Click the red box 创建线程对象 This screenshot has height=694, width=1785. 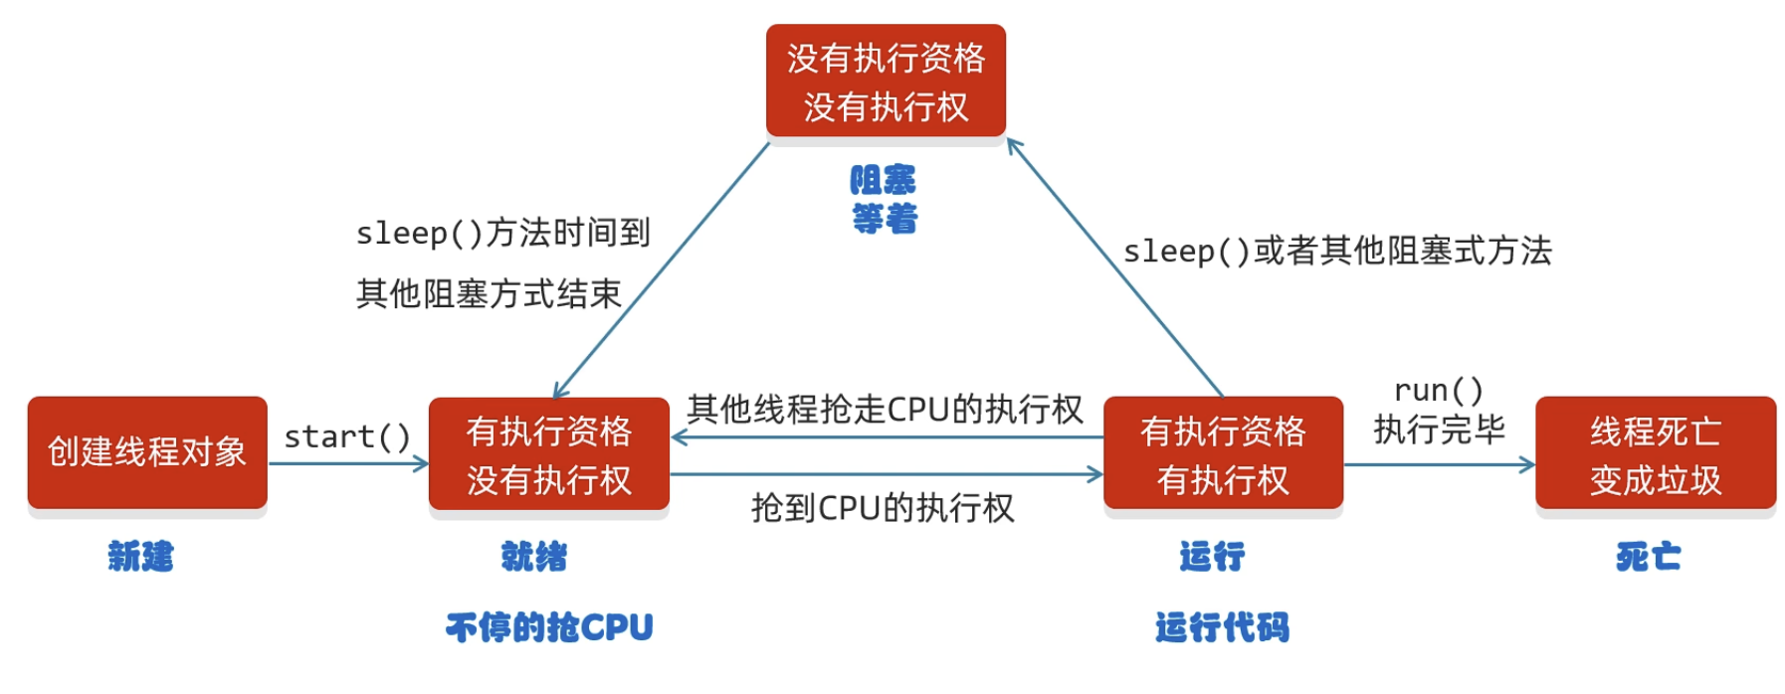[x=147, y=452]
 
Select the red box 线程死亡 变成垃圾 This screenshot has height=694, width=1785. [x=1655, y=454]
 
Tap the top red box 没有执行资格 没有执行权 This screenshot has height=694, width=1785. [x=886, y=82]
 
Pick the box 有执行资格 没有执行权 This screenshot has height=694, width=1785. [x=548, y=454]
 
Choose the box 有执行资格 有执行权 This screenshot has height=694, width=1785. [x=1223, y=454]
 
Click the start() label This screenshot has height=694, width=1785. [x=347, y=436]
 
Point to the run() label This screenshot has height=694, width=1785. [x=1438, y=390]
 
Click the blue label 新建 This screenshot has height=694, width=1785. [x=141, y=556]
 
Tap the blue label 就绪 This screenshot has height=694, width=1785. [x=534, y=556]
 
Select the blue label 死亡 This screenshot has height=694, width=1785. [x=1648, y=556]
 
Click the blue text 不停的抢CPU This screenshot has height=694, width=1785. [x=549, y=627]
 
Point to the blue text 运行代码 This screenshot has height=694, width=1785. [x=1222, y=627]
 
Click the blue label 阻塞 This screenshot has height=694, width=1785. [x=883, y=180]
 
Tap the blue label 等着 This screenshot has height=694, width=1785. [x=885, y=218]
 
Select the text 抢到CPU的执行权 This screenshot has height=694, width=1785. [x=883, y=508]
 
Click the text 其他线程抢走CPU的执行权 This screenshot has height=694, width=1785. [x=885, y=409]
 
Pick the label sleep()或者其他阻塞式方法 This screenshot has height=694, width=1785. [x=1337, y=251]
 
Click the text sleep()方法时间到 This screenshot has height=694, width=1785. [x=503, y=233]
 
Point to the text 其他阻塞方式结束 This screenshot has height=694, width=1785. [x=489, y=293]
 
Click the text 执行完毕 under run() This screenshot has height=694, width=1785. [x=1439, y=430]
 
